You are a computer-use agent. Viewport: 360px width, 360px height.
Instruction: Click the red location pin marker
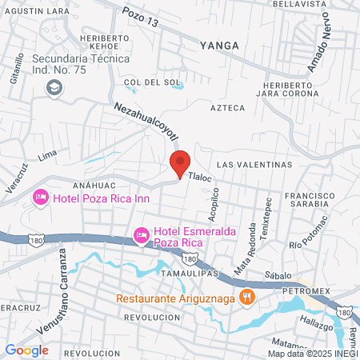click(180, 162)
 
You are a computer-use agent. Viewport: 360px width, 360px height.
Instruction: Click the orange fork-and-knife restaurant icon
click(248, 296)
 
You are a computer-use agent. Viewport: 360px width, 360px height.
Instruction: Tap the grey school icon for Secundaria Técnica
click(54, 87)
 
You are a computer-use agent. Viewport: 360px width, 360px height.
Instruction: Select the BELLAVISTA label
click(300, 4)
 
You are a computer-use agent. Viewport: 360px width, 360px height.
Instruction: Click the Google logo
click(26, 349)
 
